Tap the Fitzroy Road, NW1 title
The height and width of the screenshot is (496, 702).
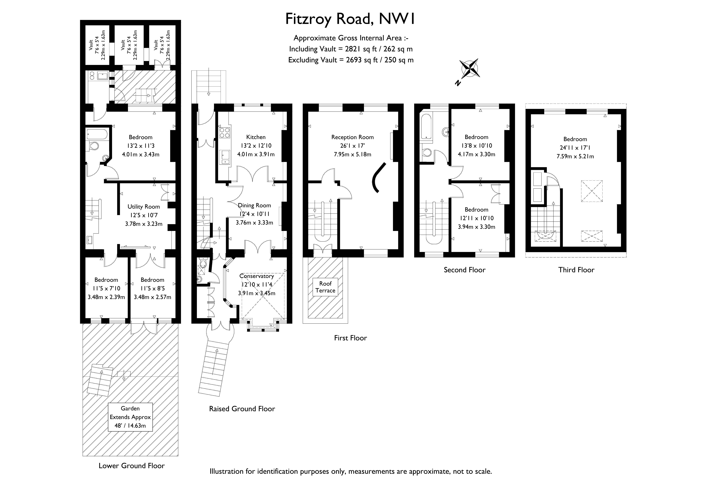pyautogui.click(x=350, y=19)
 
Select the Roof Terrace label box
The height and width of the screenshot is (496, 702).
pyautogui.click(x=325, y=287)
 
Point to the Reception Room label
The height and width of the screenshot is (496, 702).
pyautogui.click(x=353, y=137)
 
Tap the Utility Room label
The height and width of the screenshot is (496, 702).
pyautogui.click(x=144, y=207)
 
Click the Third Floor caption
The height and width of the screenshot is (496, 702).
pyautogui.click(x=576, y=270)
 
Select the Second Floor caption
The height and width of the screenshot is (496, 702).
pyautogui.click(x=464, y=270)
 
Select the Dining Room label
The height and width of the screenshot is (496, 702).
pyautogui.click(x=254, y=205)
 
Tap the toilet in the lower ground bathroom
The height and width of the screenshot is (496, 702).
pyautogui.click(x=94, y=146)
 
